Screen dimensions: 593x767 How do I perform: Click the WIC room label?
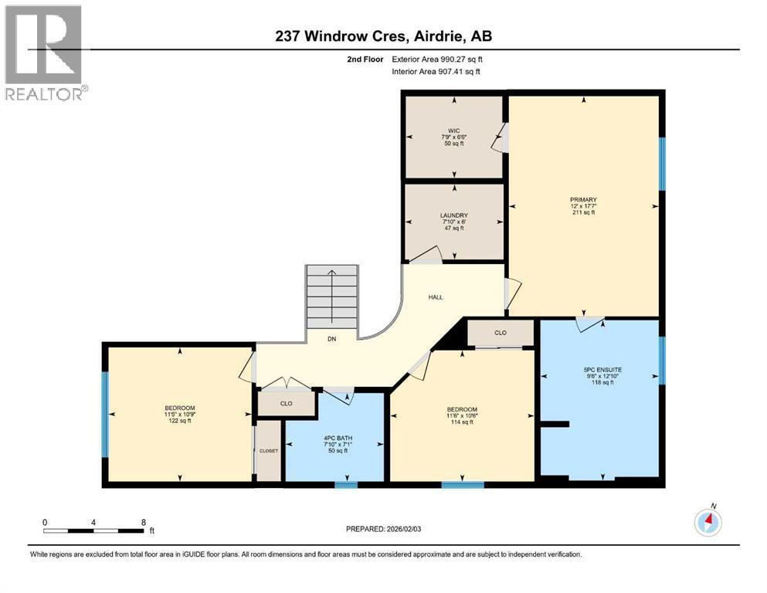(453, 130)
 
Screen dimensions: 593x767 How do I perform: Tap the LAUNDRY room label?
(453, 215)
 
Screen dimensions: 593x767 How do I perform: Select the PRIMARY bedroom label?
(583, 199)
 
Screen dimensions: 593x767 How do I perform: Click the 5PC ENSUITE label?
(602, 370)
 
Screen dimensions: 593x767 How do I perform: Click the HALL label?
(436, 296)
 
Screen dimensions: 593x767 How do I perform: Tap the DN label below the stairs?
(331, 339)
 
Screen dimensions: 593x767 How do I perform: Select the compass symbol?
(708, 522)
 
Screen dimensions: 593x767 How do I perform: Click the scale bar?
(93, 530)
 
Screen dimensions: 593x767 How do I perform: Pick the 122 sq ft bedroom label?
(179, 408)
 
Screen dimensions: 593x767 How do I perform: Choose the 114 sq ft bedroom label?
(461, 409)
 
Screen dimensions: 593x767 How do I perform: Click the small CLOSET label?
(269, 451)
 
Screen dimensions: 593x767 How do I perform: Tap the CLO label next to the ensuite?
(500, 334)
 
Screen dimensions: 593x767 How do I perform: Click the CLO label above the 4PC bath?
(286, 402)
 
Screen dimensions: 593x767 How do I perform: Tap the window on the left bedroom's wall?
(106, 414)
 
